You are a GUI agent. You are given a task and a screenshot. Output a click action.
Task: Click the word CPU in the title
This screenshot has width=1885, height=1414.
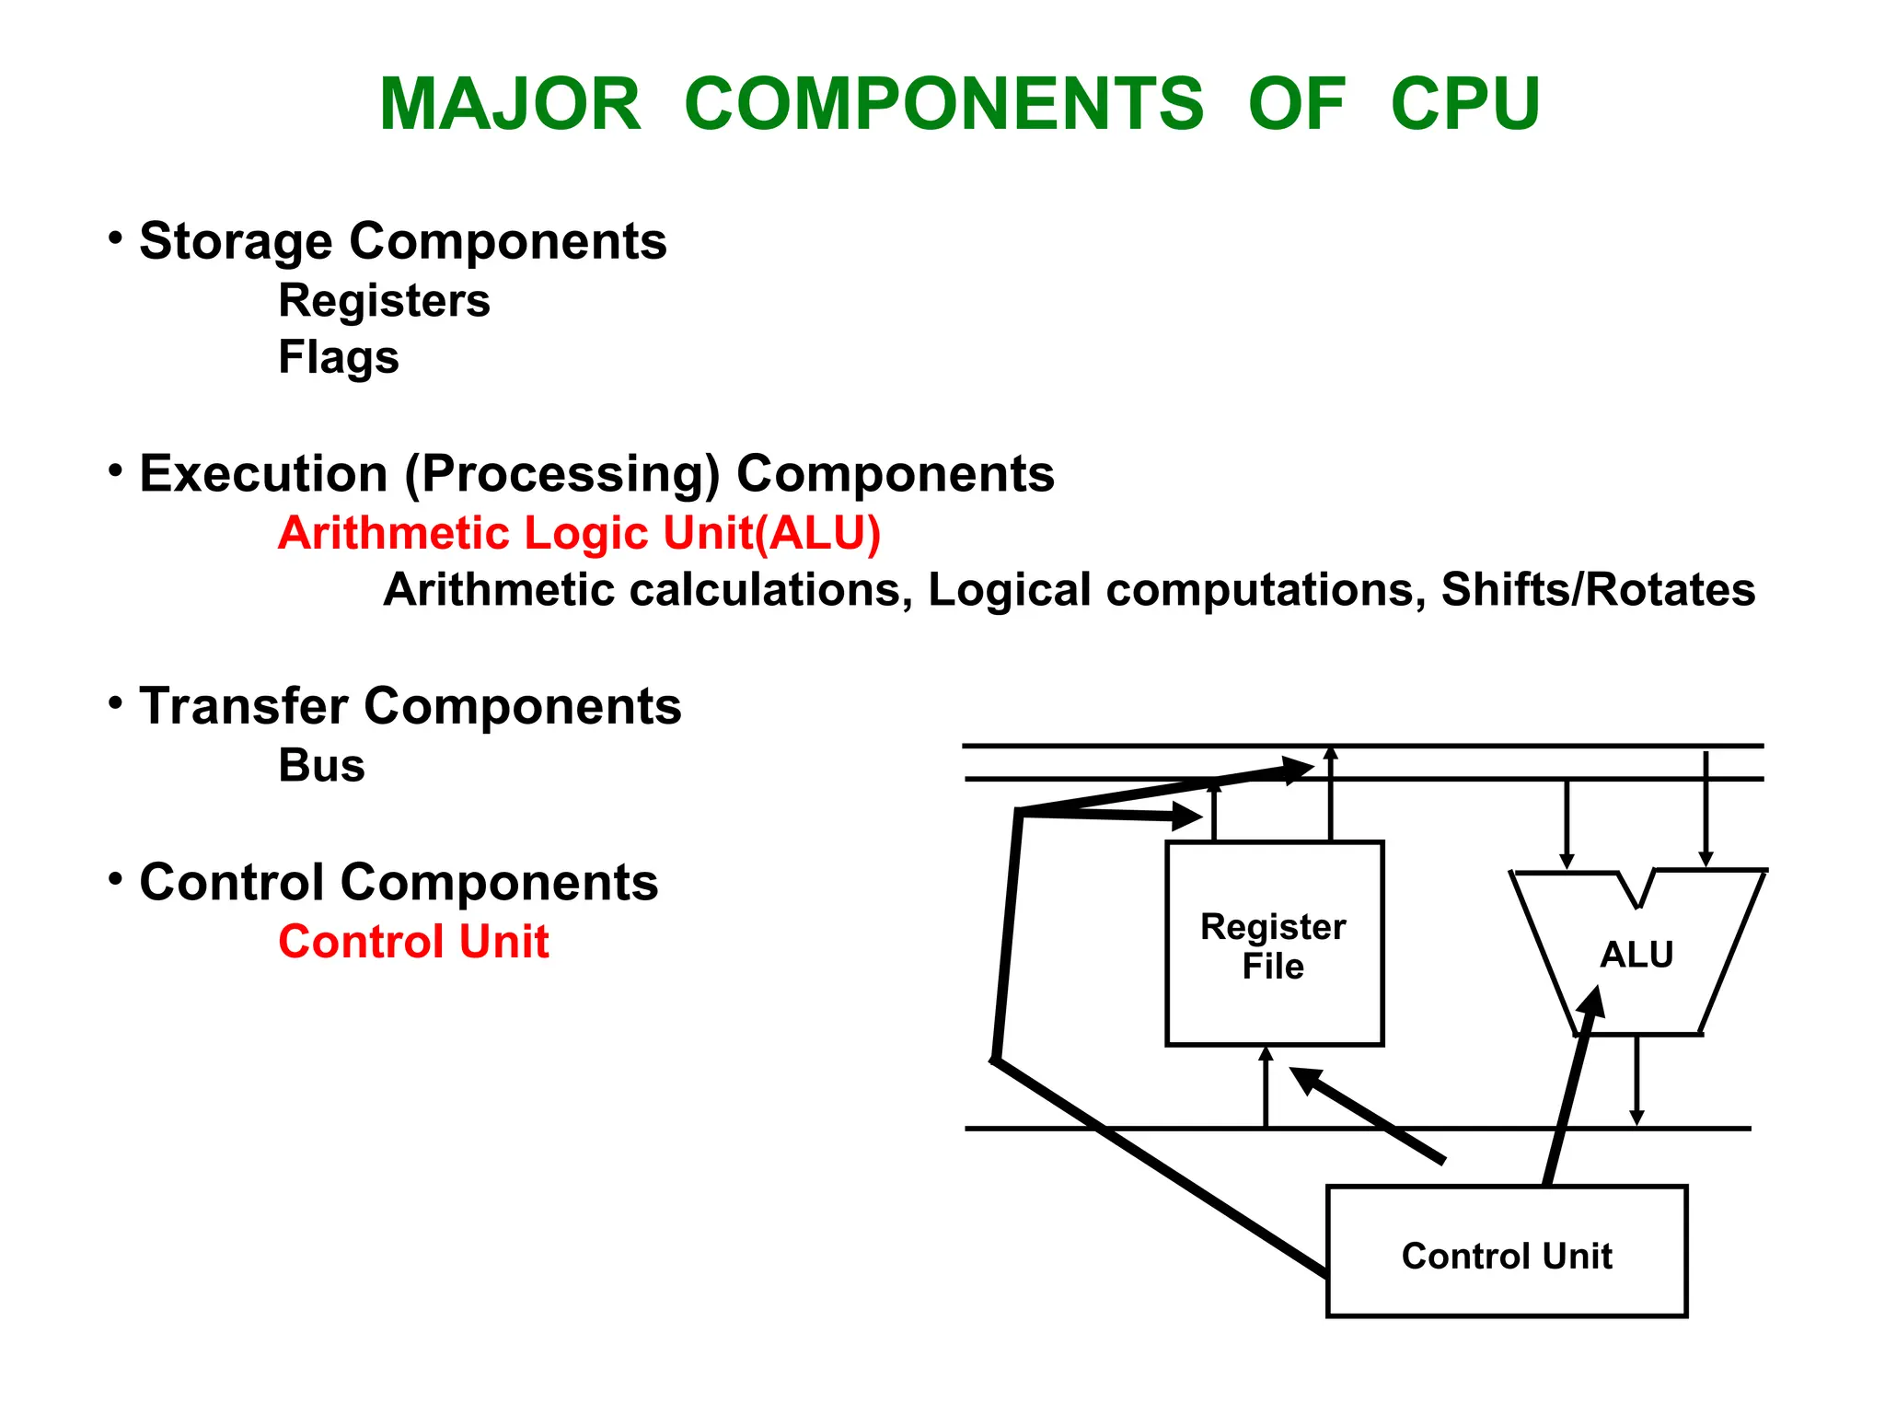[1464, 104]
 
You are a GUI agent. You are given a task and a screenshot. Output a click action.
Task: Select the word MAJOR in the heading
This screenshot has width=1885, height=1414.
[510, 104]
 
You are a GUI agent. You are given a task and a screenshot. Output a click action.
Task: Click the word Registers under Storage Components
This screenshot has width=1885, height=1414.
[384, 301]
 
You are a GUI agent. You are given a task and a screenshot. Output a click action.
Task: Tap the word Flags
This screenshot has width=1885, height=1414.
[338, 357]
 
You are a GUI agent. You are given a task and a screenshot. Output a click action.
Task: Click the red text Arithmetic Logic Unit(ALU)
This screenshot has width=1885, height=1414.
[579, 533]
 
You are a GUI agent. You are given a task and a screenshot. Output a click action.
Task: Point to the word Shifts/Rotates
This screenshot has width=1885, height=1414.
[1598, 590]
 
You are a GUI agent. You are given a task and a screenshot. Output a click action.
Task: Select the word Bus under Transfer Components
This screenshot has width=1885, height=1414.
[321, 765]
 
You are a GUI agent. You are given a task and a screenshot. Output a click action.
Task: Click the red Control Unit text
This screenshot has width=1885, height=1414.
[413, 942]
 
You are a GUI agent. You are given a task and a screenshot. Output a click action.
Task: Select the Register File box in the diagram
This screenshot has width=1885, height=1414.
[1274, 944]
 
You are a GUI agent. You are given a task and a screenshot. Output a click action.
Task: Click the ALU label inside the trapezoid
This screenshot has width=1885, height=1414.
[1636, 955]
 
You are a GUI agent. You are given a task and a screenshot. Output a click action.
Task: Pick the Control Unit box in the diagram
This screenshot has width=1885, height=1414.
[1506, 1251]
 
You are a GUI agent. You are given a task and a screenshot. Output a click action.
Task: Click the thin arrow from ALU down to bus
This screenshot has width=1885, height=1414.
[1636, 1082]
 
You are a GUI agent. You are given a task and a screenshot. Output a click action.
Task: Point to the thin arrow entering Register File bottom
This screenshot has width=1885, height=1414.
[1266, 1086]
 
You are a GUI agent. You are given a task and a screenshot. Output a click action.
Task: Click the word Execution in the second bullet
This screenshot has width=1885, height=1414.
[263, 474]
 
